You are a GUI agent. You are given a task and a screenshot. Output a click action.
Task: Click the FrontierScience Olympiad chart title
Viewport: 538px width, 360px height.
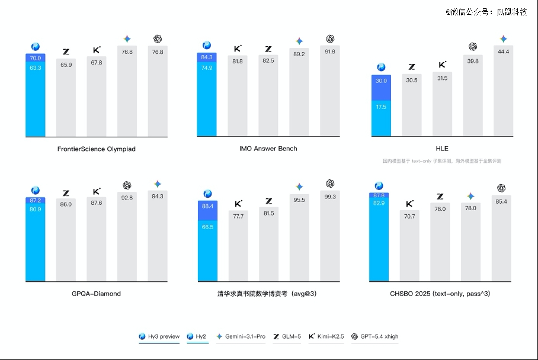point(96,149)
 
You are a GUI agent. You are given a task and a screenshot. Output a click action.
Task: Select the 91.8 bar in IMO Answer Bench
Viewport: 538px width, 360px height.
point(330,92)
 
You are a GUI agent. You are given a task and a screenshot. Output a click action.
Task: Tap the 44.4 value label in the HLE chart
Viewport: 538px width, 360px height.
point(503,52)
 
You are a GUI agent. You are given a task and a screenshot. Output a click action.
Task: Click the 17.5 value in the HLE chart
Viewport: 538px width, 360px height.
point(381,107)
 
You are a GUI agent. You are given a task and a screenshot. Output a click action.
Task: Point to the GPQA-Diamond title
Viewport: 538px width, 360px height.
point(96,293)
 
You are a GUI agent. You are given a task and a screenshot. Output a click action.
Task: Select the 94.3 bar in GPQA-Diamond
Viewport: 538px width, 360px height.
point(158,237)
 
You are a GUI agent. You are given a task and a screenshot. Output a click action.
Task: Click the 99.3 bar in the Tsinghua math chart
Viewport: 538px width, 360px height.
point(330,237)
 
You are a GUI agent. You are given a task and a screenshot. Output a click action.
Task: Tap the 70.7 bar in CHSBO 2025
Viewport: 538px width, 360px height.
point(409,246)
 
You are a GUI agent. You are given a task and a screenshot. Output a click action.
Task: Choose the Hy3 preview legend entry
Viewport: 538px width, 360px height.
point(159,336)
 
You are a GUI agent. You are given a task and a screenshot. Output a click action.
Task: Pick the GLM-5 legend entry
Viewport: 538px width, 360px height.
point(287,336)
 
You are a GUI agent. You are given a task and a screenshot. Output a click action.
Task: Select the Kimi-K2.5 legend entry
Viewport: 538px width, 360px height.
point(326,336)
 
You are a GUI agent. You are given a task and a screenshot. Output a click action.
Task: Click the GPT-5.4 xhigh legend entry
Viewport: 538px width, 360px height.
point(375,336)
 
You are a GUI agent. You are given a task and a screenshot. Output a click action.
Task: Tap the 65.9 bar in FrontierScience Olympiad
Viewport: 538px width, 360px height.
point(66,98)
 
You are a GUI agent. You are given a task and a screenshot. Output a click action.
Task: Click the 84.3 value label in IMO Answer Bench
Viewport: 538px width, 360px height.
point(207,57)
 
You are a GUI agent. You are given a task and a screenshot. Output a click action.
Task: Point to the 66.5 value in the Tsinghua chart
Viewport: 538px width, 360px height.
point(207,227)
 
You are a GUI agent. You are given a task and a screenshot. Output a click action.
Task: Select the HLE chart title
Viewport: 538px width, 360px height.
point(442,149)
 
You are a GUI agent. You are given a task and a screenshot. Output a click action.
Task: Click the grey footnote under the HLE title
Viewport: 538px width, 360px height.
point(442,161)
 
